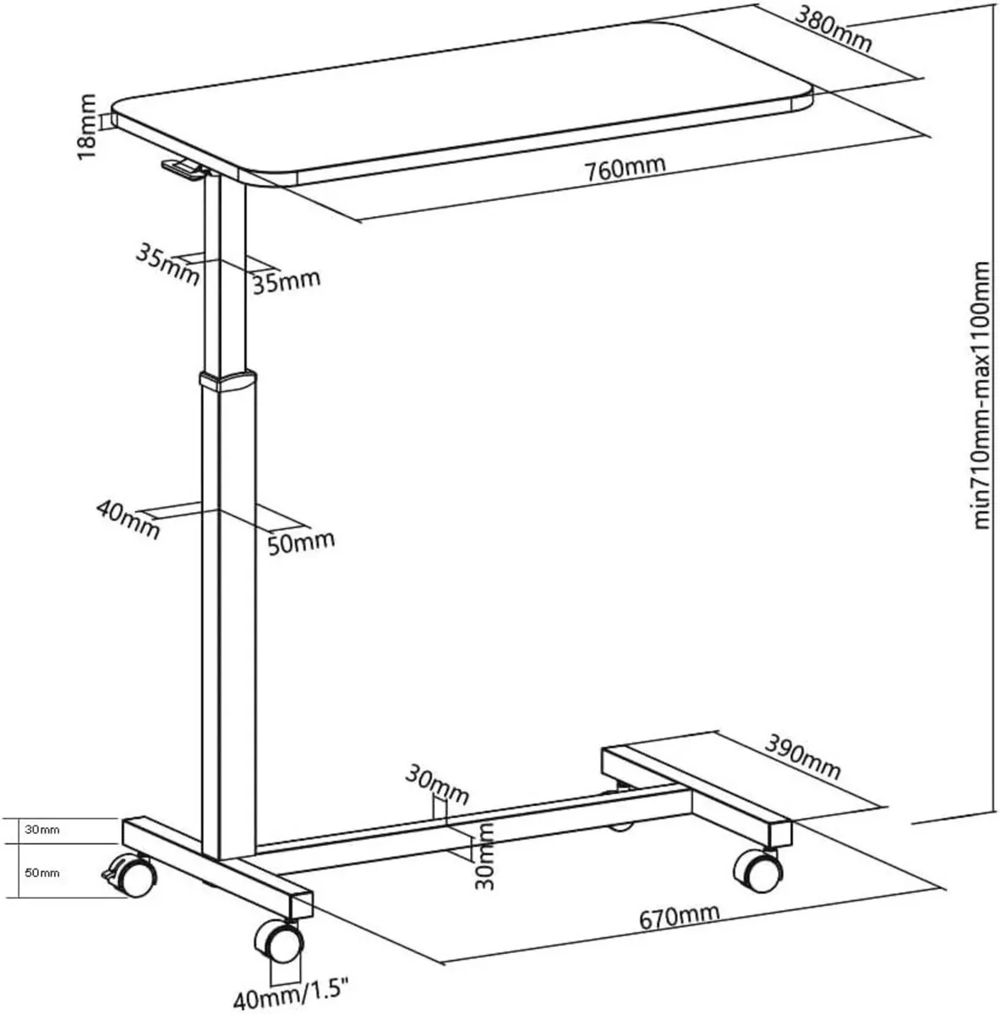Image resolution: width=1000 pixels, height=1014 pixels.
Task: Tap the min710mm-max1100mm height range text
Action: tap(981, 395)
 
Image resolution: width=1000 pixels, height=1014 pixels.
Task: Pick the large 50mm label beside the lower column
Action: tap(300, 540)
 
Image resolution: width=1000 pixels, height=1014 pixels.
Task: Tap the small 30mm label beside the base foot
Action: tap(42, 830)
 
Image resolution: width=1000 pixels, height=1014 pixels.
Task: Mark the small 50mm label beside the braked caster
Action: tap(42, 873)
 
